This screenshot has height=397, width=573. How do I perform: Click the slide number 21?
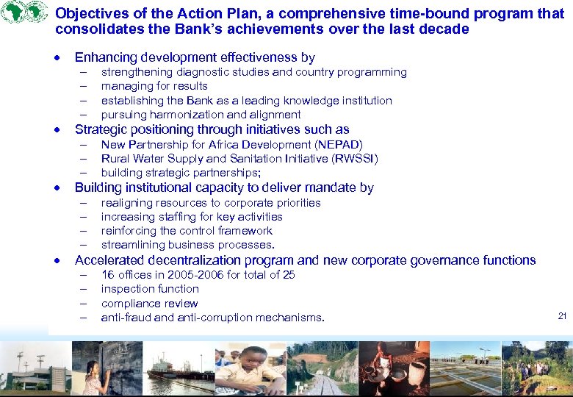pos(562,316)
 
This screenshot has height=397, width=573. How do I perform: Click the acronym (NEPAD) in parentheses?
pos(339,145)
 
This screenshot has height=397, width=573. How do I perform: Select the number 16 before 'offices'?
pos(107,275)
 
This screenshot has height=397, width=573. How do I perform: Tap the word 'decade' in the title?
pos(443,29)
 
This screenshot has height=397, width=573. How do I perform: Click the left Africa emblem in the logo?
pos(14,13)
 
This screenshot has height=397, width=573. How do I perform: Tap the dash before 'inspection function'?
pos(84,289)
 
